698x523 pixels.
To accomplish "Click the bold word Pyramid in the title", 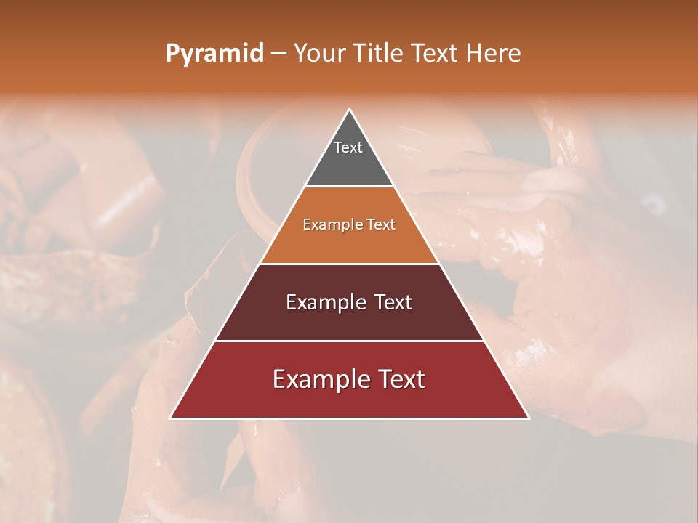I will (x=214, y=54).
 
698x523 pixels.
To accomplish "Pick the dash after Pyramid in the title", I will (x=278, y=54).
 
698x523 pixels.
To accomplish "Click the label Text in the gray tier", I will (x=348, y=147).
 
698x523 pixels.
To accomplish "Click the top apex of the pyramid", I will (x=349, y=110).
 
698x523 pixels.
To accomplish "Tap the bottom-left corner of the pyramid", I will (x=171, y=418).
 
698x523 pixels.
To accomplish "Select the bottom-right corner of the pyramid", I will (x=528, y=418).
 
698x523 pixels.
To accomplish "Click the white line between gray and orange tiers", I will (x=349, y=187).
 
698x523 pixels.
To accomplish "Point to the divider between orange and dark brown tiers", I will (x=349, y=264).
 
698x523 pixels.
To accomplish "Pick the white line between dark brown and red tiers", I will (x=349, y=341).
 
